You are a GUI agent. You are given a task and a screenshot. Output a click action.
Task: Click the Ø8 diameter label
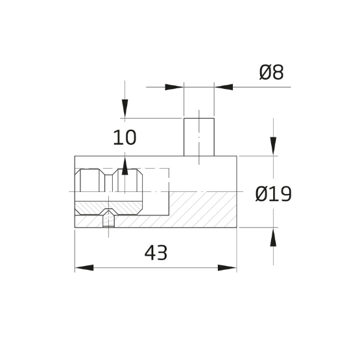tap(271, 73)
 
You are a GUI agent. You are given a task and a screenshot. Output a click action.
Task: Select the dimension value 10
tap(125, 138)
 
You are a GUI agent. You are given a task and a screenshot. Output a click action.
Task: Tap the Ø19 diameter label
tap(272, 193)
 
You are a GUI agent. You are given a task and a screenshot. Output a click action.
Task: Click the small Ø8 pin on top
tap(199, 137)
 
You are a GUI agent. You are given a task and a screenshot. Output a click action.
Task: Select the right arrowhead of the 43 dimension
tap(228, 267)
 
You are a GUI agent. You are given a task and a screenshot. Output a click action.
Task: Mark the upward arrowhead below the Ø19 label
tap(274, 238)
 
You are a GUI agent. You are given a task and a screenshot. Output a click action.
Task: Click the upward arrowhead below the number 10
tap(125, 166)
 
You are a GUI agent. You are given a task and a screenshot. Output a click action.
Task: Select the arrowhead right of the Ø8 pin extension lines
tap(224, 86)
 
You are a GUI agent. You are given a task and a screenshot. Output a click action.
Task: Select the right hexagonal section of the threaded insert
tap(129, 182)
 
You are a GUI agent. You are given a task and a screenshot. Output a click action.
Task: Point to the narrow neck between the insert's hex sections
tap(108, 182)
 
